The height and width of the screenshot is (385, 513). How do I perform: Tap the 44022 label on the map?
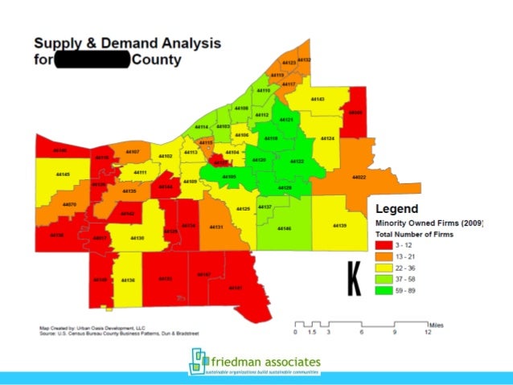click(x=359, y=177)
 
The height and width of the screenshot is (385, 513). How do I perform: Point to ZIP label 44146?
click(x=284, y=229)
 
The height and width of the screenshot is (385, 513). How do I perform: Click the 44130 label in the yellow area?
click(x=137, y=238)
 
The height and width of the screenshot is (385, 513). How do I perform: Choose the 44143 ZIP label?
click(x=318, y=99)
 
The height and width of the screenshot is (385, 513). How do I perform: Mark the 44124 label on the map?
click(x=327, y=139)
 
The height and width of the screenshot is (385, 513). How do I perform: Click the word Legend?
click(x=399, y=210)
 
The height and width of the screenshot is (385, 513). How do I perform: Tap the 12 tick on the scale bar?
click(x=428, y=331)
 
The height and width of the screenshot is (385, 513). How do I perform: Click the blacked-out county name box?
click(x=92, y=60)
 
